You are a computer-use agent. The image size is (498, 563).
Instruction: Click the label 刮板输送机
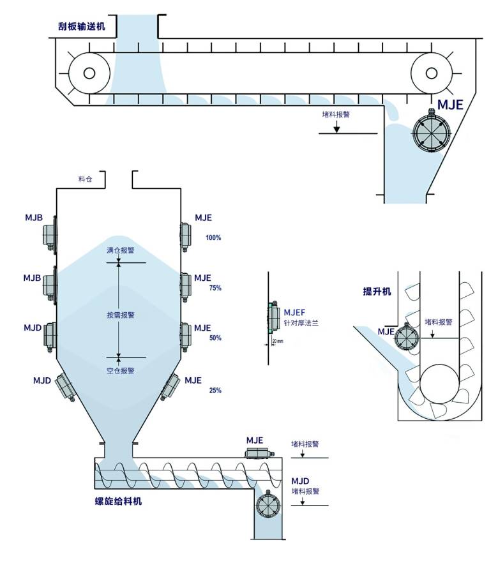[82, 26]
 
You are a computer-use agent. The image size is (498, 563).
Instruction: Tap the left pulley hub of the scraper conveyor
[89, 73]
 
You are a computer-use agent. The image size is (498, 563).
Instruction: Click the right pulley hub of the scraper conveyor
[431, 73]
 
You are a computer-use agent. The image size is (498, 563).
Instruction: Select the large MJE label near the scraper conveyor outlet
[450, 105]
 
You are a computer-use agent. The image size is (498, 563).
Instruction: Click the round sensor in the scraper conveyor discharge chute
[431, 131]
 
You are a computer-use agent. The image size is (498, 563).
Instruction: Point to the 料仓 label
[85, 179]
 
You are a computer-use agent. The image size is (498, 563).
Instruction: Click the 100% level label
[213, 237]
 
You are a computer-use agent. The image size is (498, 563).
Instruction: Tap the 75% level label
[215, 288]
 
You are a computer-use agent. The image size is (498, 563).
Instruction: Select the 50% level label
[215, 338]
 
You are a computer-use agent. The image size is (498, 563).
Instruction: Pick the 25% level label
[215, 390]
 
